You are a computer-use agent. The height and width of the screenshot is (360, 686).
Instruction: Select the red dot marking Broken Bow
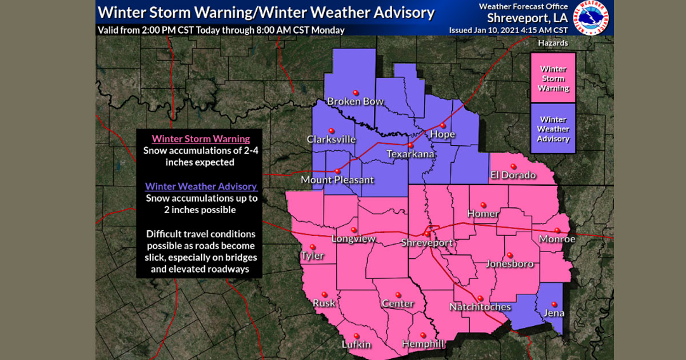click(356, 93)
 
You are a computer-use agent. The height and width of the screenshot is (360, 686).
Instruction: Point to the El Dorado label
click(513, 175)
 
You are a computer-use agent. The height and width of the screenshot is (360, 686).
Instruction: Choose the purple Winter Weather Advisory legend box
click(553, 129)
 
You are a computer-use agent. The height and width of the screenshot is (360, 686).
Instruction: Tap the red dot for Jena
click(553, 304)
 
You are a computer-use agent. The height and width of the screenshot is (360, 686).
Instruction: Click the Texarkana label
click(410, 154)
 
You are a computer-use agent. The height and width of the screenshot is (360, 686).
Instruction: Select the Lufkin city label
click(356, 344)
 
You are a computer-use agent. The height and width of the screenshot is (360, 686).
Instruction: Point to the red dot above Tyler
click(313, 247)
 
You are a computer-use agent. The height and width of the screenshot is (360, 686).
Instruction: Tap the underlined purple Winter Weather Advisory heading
click(201, 186)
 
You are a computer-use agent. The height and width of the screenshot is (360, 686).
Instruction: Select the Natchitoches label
click(480, 307)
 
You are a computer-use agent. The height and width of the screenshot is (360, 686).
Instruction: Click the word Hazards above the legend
click(553, 43)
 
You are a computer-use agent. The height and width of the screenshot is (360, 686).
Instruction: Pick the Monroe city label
click(557, 239)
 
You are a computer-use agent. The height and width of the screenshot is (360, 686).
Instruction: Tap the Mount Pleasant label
click(337, 180)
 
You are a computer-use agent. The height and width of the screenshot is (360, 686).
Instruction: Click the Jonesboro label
click(509, 264)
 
